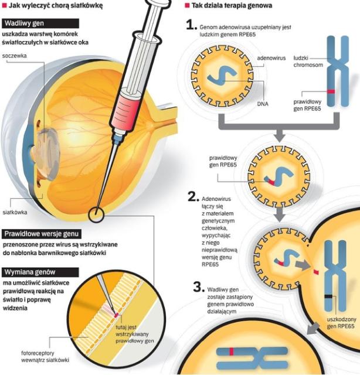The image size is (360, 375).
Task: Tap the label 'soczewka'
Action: click(x=15, y=56)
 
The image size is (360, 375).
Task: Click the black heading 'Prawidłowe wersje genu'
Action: click(x=40, y=234)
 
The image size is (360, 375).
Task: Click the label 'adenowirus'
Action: click(x=272, y=59)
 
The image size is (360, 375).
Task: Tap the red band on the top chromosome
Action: click(x=331, y=92)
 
